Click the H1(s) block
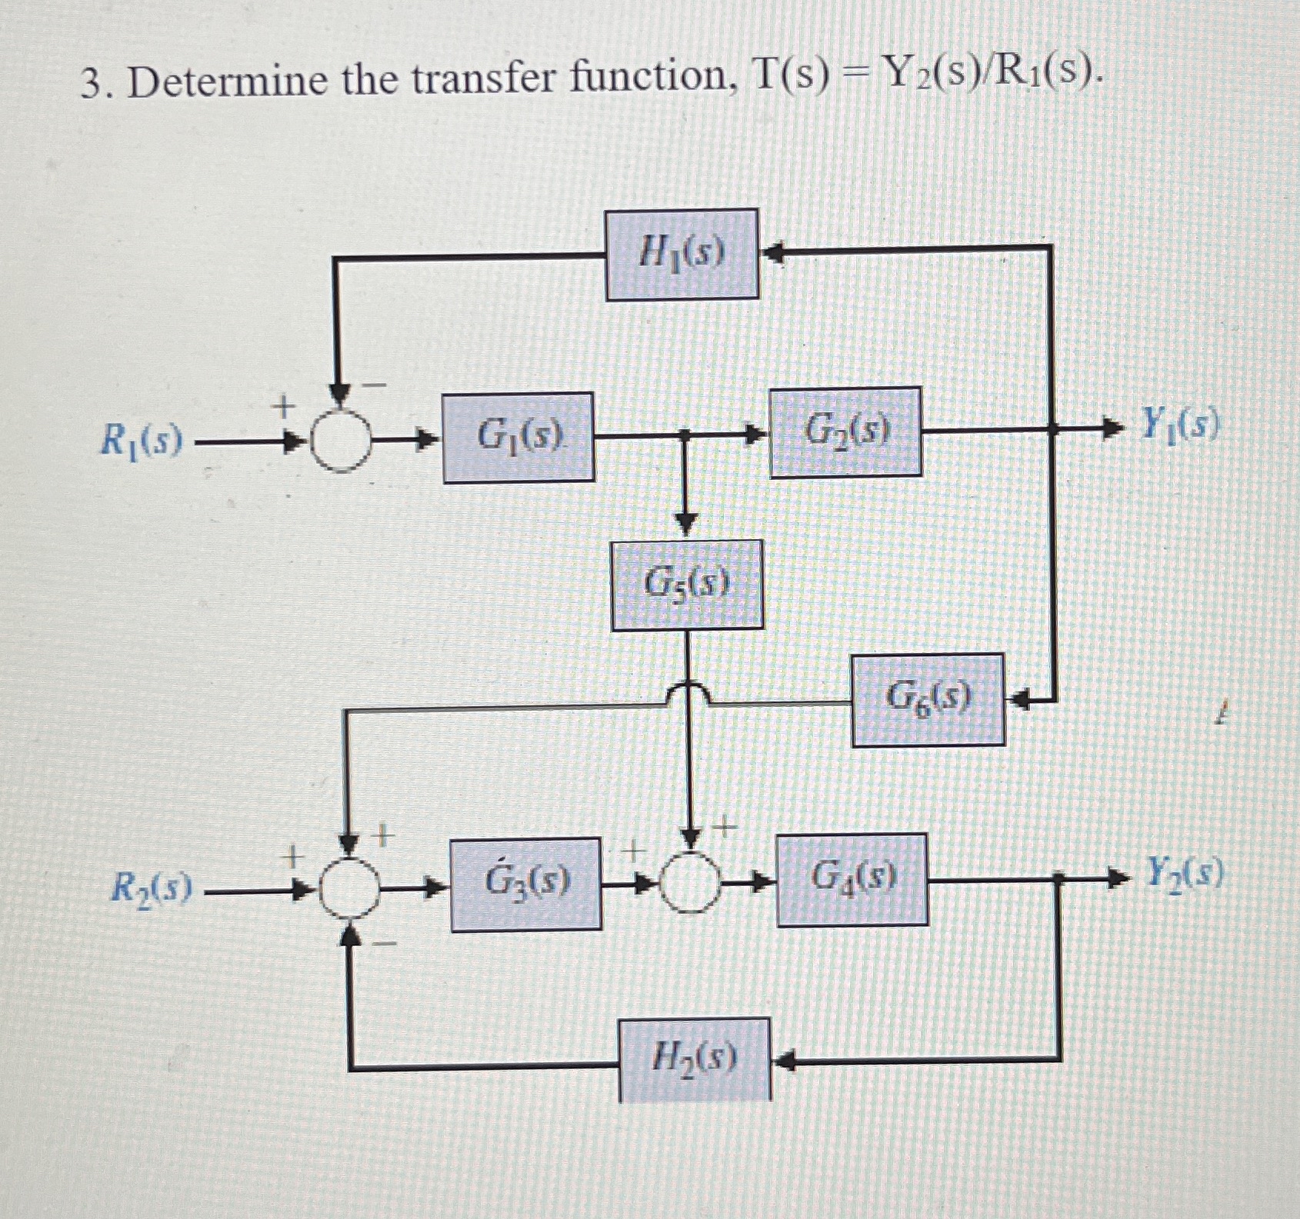tap(682, 254)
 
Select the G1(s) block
tap(518, 438)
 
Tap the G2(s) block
tap(845, 432)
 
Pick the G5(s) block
tap(687, 585)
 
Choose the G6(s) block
tap(928, 699)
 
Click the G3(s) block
tap(526, 884)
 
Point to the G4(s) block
tap(852, 879)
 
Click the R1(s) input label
tap(142, 441)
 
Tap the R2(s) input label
tap(151, 889)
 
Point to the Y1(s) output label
tap(1180, 424)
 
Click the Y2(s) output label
tap(1185, 873)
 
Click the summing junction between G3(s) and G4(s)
tap(692, 884)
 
